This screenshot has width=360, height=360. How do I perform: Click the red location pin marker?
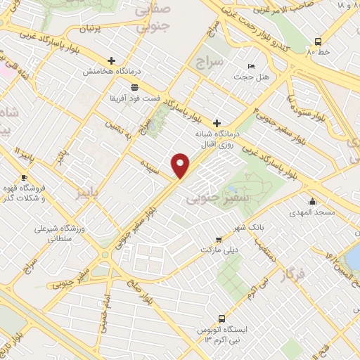[x=181, y=164]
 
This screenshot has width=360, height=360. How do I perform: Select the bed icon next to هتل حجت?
[x=252, y=66]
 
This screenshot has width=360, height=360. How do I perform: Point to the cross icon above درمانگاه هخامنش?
[x=111, y=60]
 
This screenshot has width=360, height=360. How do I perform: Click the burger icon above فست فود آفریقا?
[x=134, y=86]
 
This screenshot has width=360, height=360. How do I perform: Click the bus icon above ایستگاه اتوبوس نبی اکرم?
[x=221, y=318]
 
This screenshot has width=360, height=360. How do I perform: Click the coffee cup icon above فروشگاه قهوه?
[x=25, y=177]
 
